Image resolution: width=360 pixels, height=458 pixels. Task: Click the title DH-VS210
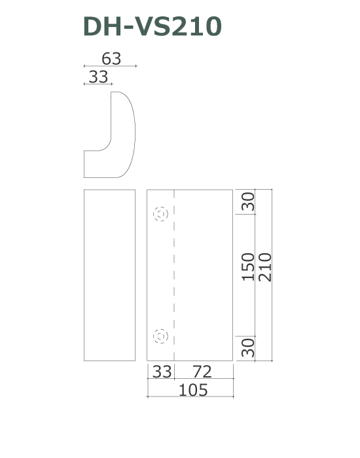coord(152,26)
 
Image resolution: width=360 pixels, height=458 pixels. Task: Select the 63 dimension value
coord(111,58)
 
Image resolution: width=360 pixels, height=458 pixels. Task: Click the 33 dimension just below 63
coord(98,77)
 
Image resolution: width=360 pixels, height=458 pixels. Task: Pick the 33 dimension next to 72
coord(162,372)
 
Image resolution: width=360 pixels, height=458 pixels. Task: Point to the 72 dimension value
coord(203,372)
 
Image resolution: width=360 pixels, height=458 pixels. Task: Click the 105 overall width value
coord(193,390)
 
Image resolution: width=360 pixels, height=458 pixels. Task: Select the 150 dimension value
coord(248,266)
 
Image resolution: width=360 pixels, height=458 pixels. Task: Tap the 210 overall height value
coord(264,266)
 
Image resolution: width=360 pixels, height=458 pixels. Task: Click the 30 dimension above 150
coord(248,202)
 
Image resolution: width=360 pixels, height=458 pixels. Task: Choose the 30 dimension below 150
coord(248,347)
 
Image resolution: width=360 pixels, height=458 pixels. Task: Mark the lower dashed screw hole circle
coord(160,336)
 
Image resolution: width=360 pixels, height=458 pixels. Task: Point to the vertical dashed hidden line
coord(173,275)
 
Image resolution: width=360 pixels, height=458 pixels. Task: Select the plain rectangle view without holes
coord(110,275)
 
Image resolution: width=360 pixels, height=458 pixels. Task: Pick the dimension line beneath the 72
coord(203,379)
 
